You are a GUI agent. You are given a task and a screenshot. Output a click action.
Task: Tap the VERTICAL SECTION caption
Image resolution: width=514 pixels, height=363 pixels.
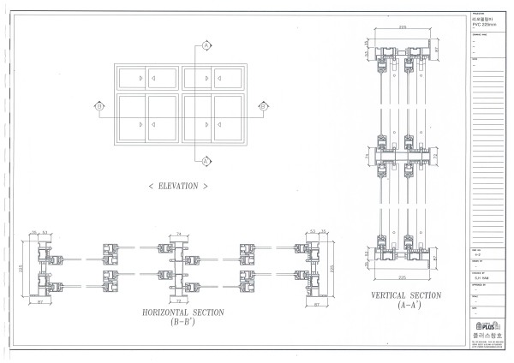(x=406, y=295)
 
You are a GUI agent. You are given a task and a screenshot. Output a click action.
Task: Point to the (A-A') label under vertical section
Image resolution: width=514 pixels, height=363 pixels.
(x=406, y=305)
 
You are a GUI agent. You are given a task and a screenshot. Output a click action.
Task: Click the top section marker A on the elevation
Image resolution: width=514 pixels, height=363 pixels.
(x=206, y=45)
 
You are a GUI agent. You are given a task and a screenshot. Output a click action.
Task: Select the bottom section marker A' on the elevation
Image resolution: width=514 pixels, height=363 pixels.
(x=206, y=159)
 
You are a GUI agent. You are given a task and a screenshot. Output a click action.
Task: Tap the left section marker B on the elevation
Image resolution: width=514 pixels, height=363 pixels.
(x=99, y=106)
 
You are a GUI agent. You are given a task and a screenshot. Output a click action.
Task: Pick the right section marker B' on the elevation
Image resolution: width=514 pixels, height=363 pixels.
(x=263, y=106)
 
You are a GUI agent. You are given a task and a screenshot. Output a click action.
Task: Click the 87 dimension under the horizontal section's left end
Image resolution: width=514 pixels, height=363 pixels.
(x=41, y=303)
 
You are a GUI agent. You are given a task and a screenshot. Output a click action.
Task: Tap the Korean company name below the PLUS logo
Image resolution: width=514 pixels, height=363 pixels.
(x=487, y=336)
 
